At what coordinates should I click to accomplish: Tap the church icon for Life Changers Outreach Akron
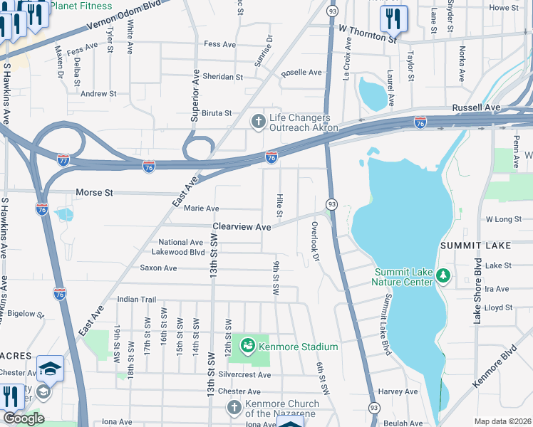click(260, 122)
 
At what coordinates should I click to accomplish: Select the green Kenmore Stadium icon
click(248, 347)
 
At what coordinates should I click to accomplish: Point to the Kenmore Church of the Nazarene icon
click(234, 408)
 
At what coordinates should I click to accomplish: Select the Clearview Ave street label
click(242, 227)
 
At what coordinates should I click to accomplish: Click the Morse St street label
click(94, 193)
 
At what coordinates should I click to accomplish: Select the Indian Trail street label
click(136, 300)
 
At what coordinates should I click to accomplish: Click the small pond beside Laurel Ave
click(372, 93)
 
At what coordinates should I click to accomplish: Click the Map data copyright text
click(502, 421)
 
